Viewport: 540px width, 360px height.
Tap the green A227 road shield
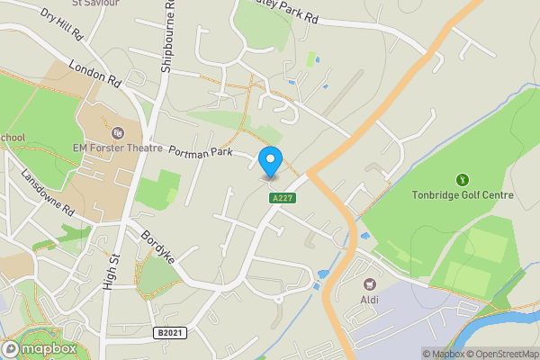[x=282, y=197]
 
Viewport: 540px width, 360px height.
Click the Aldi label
[x=370, y=300]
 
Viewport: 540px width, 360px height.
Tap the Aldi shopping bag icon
[x=370, y=283]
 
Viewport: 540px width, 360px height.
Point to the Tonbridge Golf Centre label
[x=463, y=195]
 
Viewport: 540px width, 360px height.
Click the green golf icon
[x=463, y=180]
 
